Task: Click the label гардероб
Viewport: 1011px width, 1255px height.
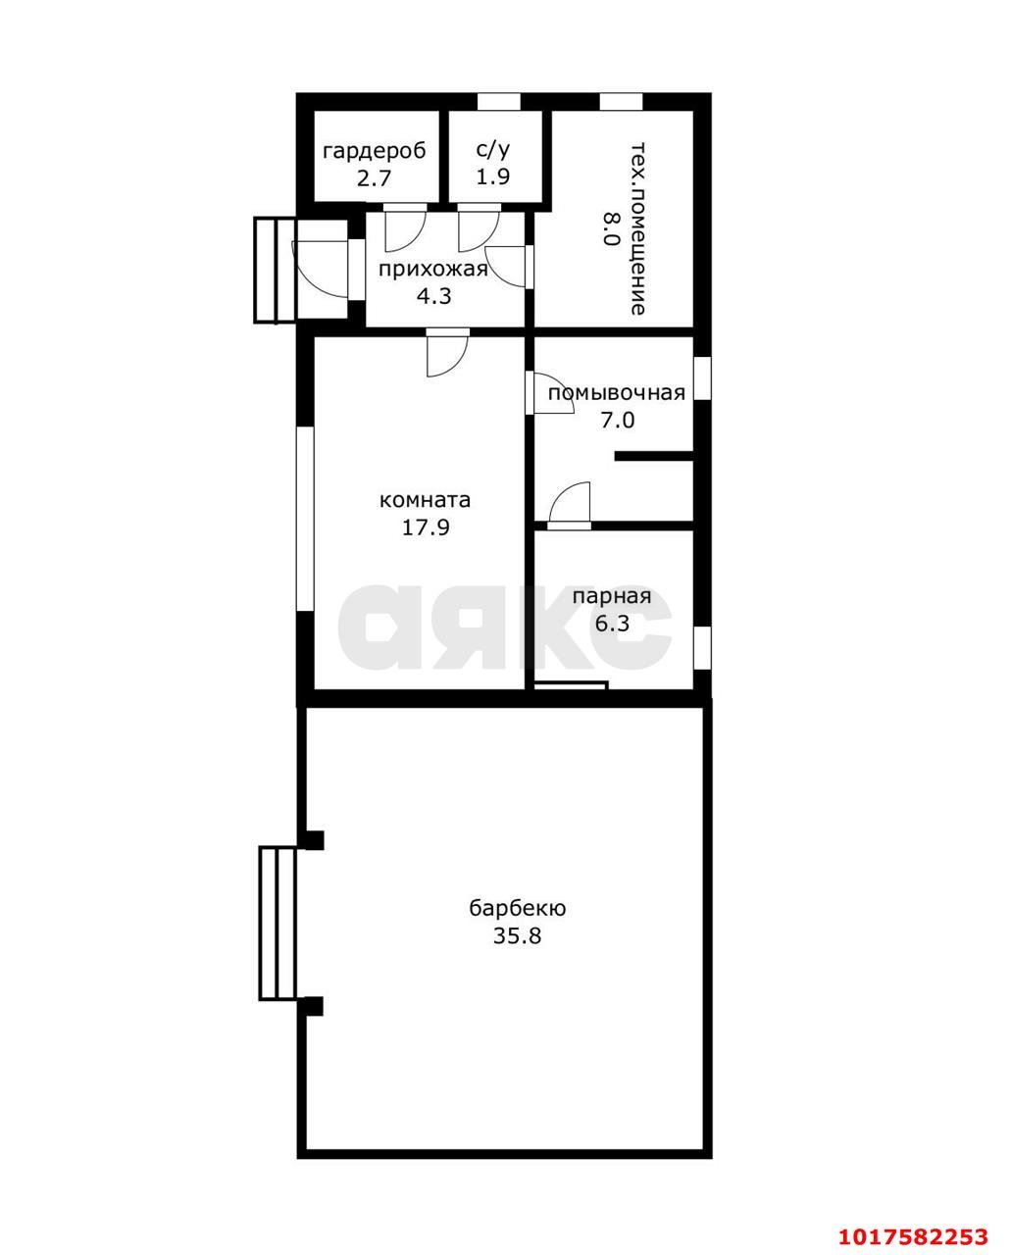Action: pos(375,151)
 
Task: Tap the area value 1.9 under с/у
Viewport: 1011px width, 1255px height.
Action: pos(493,176)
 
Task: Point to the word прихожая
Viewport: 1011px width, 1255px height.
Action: pos(433,271)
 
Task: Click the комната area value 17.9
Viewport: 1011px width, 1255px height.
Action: pos(426,527)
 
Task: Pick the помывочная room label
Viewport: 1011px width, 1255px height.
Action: pos(617,393)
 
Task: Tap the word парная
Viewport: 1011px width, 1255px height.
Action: pos(612,597)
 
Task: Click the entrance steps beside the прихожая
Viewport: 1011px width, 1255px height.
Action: pos(276,269)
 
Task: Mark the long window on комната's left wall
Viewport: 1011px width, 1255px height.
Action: pos(305,518)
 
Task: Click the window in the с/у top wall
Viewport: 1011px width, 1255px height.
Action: pos(499,101)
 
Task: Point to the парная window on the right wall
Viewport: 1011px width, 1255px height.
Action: pos(703,648)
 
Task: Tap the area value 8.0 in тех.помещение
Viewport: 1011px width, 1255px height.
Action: pos(610,228)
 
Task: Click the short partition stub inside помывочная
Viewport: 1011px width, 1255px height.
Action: pos(654,457)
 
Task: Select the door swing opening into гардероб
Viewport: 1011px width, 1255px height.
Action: pos(405,227)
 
